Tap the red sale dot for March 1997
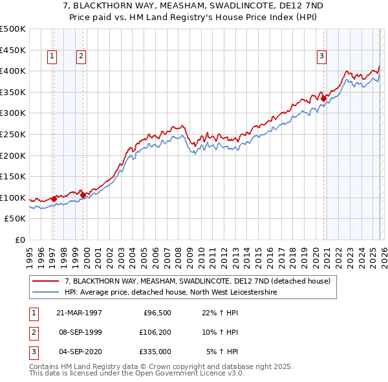click(54, 199)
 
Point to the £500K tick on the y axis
click(13, 29)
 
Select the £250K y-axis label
click(13, 134)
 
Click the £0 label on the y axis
click(20, 240)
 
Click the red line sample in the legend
click(46, 281)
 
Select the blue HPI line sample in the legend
click(46, 292)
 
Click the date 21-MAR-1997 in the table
click(79, 313)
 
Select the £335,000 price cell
click(155, 352)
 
